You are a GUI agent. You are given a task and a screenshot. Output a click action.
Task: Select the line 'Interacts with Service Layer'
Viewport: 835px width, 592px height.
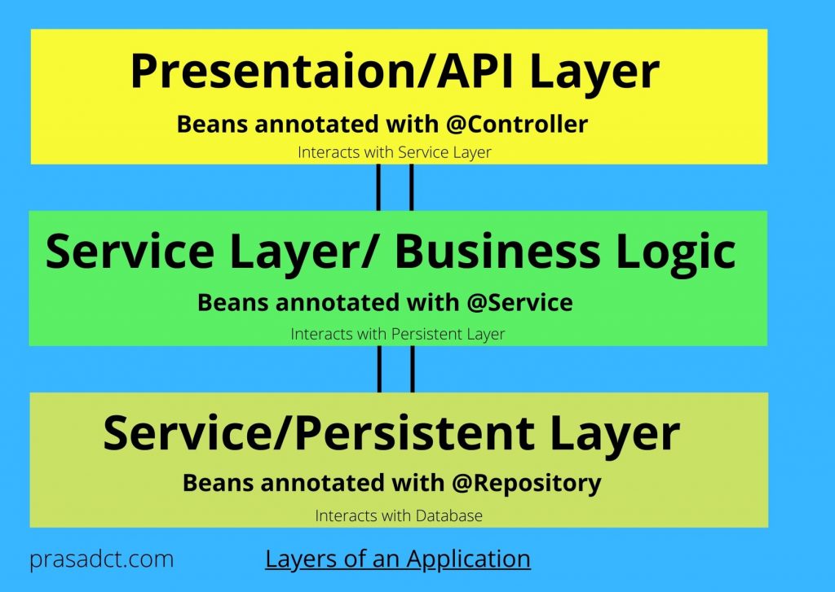click(395, 152)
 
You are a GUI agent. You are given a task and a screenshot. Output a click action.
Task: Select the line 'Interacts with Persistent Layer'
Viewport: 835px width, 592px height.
click(398, 334)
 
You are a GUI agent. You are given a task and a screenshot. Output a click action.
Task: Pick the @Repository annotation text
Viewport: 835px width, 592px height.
click(528, 483)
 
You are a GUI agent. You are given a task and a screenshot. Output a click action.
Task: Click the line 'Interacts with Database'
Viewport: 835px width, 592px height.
click(399, 515)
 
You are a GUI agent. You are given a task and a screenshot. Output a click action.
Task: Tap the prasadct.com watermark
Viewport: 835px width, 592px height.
click(101, 560)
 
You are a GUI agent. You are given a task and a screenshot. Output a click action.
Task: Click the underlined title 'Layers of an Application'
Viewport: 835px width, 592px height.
click(398, 559)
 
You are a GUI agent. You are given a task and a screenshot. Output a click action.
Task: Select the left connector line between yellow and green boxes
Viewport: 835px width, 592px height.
click(379, 187)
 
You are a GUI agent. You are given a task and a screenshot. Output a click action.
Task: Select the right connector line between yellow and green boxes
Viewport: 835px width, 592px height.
click(411, 187)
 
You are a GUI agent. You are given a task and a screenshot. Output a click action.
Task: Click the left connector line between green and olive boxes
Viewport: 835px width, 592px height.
click(379, 369)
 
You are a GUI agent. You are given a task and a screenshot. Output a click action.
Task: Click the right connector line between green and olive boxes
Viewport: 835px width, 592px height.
click(411, 369)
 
